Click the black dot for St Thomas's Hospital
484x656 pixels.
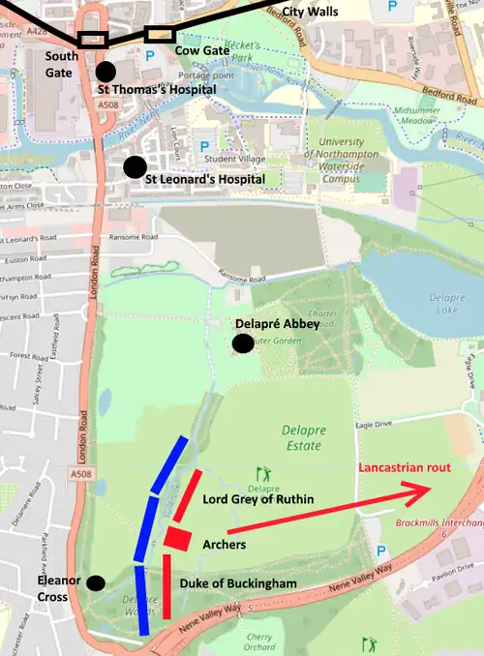coord(106,72)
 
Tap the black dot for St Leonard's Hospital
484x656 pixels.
coord(135,166)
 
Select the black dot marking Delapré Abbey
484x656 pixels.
coord(242,343)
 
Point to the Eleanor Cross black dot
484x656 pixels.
coord(96,582)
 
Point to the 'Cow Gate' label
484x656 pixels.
coord(201,50)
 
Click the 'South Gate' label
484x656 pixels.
coord(62,64)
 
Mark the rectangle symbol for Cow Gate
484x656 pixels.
coord(159,35)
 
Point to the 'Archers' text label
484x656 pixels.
coord(226,545)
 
